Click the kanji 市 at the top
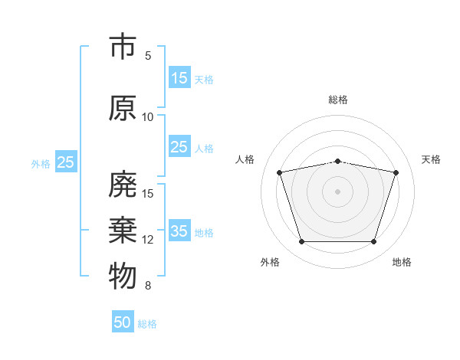tap(123, 46)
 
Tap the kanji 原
tap(123, 108)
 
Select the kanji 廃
tap(123, 184)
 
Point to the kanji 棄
tap(123, 230)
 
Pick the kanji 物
tap(123, 276)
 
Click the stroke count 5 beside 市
tap(148, 56)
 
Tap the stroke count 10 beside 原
tap(147, 117)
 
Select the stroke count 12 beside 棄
tap(147, 240)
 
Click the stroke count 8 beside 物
tap(148, 286)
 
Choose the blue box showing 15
tap(179, 77)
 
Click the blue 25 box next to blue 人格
tap(179, 146)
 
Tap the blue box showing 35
tap(179, 230)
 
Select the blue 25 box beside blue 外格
tap(66, 162)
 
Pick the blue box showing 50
tap(123, 321)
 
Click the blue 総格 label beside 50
tap(147, 324)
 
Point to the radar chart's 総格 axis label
tap(338, 100)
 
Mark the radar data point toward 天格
tap(396, 172)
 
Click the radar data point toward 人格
tap(280, 172)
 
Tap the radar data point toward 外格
tap(302, 241)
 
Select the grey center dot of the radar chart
tap(337, 191)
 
